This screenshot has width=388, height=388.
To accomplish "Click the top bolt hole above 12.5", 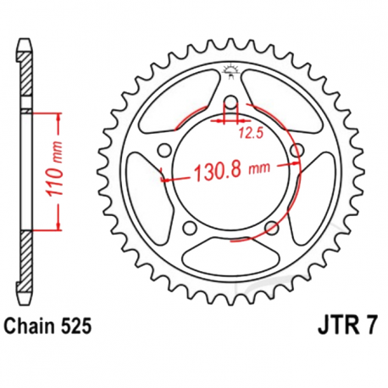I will point(229,106).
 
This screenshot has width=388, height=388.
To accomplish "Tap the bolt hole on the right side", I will point(297,151).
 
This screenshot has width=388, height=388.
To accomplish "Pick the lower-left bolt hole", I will point(190,229).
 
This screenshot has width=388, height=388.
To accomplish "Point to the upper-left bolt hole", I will point(163,152).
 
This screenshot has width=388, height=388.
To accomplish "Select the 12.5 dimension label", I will point(248,133).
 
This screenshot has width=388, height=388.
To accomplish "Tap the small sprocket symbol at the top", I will point(230,71).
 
